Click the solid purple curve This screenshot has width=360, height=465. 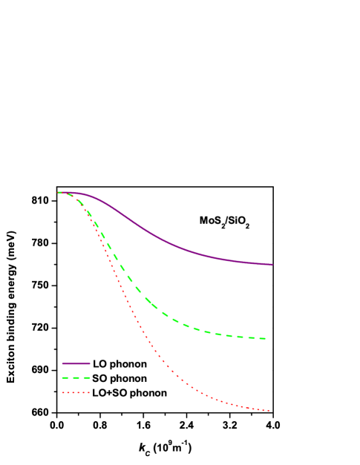point(163,240)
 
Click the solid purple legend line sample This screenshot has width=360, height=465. point(76,363)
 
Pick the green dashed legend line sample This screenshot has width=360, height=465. point(76,378)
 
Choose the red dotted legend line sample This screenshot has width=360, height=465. point(76,393)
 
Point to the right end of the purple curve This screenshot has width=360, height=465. point(272,264)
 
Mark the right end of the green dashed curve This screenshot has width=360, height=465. point(265,338)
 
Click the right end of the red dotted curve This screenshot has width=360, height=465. point(269,410)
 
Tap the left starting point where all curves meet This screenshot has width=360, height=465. point(59,192)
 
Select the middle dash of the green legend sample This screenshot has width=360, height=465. point(76,378)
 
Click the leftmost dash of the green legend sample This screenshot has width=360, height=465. point(65,378)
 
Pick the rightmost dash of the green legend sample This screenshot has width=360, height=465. point(87,378)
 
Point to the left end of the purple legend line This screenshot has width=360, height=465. point(63,363)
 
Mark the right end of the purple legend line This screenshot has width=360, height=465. point(89,363)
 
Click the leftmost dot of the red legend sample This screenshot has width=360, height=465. point(63,393)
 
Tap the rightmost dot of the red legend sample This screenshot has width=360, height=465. point(89,393)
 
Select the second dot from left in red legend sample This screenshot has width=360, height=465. point(68,393)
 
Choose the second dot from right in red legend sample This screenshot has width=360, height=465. point(85,393)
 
